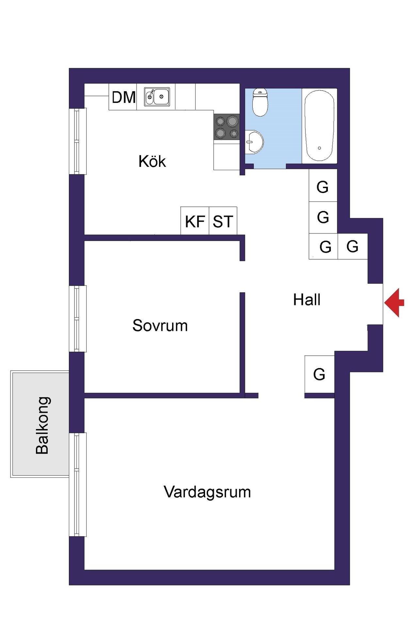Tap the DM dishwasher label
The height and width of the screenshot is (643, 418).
[x=123, y=97]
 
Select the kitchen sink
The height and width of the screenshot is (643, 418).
[x=157, y=97]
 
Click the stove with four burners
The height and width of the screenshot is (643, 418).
[x=227, y=127]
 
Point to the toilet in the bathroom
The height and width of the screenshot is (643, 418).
[x=260, y=102]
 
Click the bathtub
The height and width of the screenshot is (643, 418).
[x=319, y=126]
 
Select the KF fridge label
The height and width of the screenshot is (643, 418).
[x=195, y=222]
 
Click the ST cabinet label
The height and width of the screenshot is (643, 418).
[x=223, y=222]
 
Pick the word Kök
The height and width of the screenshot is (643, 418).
[x=152, y=161]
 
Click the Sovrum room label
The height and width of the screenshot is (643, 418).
[x=160, y=326]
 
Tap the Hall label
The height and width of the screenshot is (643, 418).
[x=307, y=300]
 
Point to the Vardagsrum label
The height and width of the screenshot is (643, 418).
[x=207, y=492]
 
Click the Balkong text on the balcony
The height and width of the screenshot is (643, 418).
[x=42, y=425]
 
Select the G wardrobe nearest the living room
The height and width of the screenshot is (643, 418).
[x=319, y=374]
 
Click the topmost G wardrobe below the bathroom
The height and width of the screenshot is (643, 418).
[x=323, y=187]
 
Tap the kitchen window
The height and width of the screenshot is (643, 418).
[x=78, y=141]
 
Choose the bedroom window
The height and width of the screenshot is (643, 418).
[x=78, y=319]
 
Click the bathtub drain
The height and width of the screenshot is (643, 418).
[x=319, y=148]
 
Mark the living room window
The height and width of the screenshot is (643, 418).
[x=78, y=484]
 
